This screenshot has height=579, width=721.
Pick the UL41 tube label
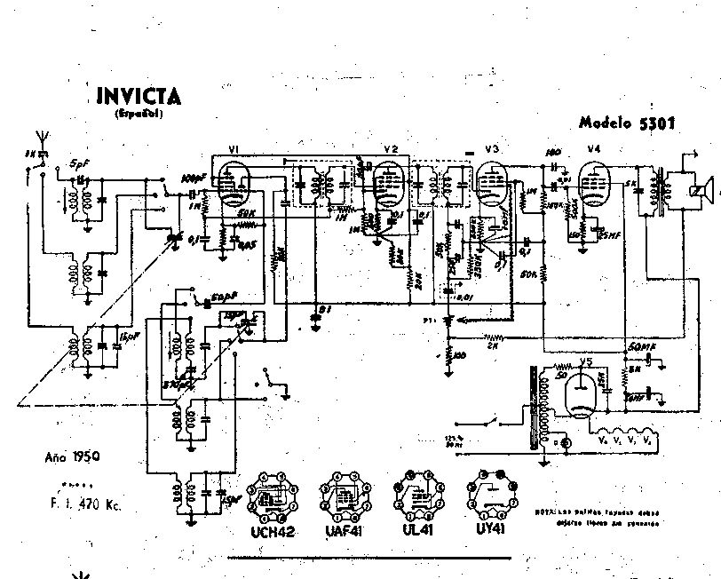[414, 533]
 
